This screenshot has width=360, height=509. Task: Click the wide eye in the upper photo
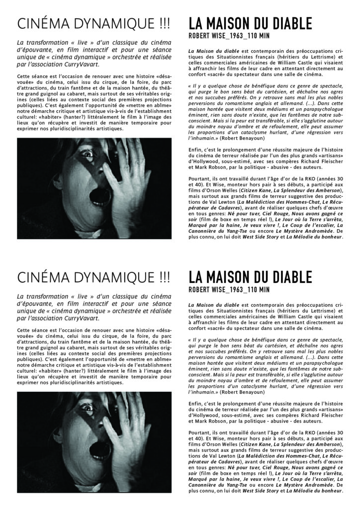[x=88, y=154]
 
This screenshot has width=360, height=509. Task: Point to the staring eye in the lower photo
[x=88, y=407]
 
